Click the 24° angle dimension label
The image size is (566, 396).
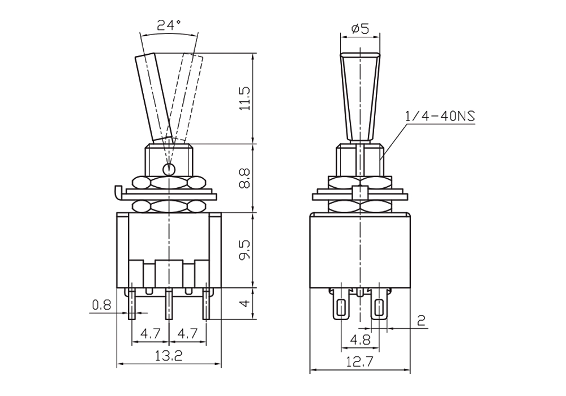[x=169, y=25]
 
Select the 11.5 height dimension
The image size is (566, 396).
[x=245, y=98]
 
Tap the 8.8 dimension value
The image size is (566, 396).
[x=245, y=178]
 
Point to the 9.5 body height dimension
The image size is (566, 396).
[x=245, y=250]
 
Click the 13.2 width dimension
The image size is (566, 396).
[x=169, y=356]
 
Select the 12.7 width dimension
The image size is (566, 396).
[x=360, y=361]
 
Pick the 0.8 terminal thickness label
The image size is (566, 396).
[x=102, y=305]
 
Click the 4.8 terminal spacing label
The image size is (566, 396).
[x=360, y=340]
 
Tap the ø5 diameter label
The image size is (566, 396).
[x=360, y=28]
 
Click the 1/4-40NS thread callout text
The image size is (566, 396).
[x=440, y=116]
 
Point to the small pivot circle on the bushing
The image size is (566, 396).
[x=169, y=169]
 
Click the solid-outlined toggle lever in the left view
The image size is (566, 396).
[x=153, y=97]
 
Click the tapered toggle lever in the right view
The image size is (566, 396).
[x=360, y=97]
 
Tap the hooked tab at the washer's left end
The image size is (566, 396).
[x=118, y=192]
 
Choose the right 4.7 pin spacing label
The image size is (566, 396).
[x=188, y=334]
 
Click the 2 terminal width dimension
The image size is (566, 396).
[x=421, y=320]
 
